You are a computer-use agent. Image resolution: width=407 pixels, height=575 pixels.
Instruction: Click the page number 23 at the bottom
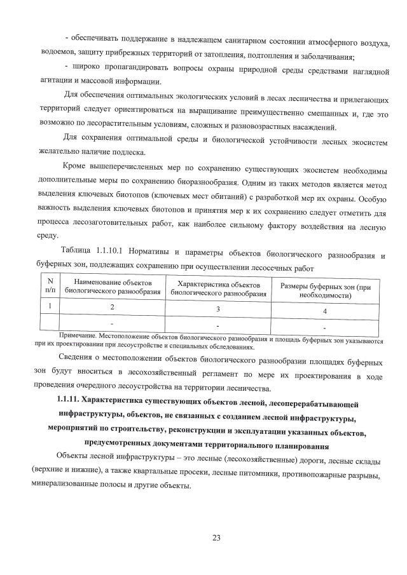pyautogui.click(x=216, y=538)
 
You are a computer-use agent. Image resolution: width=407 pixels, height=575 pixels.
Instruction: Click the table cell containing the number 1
pyautogui.click(x=50, y=306)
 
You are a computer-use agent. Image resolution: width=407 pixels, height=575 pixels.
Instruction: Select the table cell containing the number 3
pyautogui.click(x=217, y=309)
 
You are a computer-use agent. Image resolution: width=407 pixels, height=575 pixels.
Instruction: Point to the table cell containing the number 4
pyautogui.click(x=324, y=311)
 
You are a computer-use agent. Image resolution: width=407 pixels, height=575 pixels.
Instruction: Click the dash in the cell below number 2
pyautogui.click(x=113, y=324)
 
